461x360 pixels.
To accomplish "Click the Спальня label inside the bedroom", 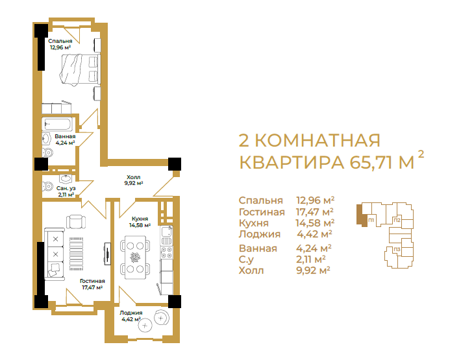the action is coord(60,41).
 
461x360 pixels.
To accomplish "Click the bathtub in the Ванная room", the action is coord(57,124).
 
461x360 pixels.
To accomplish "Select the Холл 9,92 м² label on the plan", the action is coord(134,180).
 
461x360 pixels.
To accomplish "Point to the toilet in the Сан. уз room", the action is coord(47,186).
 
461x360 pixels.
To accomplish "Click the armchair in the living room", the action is coord(76,222).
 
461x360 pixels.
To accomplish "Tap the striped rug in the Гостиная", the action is coord(77,254).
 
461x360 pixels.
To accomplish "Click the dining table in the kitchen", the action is coord(135,258).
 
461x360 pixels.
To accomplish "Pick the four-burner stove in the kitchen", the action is coord(167,252).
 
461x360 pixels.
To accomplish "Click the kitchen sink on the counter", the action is coord(166,232).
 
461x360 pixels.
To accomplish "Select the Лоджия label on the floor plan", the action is coord(131,313).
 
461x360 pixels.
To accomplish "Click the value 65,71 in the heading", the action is coord(373,162).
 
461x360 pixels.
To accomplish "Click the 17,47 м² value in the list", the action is coord(315,211).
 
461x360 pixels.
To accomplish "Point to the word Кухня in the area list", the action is coord(253,223).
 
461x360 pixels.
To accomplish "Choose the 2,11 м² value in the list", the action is coord(311,259).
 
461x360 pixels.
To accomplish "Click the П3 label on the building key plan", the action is coord(397,250).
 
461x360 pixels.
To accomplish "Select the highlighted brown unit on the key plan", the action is coord(361,215).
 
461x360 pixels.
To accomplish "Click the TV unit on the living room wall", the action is coord(108,254).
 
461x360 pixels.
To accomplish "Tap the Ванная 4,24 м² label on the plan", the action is coord(65,139).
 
